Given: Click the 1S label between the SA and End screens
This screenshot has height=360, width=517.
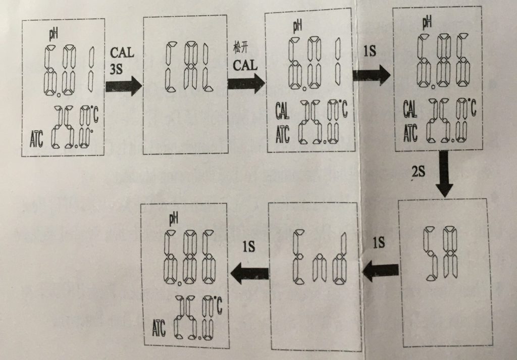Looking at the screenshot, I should click(x=378, y=243).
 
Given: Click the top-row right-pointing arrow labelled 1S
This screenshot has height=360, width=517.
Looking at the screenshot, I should click(x=372, y=74).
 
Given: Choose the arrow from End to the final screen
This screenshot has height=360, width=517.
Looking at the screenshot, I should click(x=249, y=273).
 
